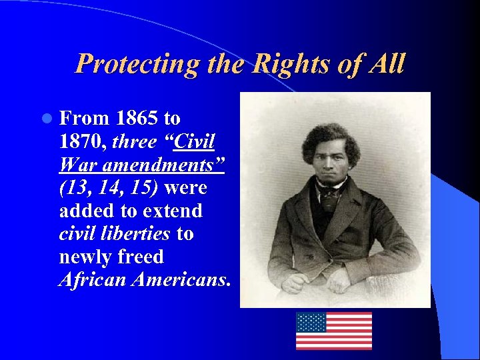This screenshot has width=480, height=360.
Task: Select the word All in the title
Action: coord(385,64)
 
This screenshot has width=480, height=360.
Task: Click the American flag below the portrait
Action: coord(334,331)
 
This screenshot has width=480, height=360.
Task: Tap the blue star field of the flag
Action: coord(311,323)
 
